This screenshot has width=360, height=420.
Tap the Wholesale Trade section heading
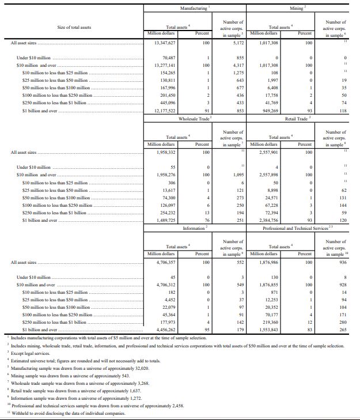point(193,119)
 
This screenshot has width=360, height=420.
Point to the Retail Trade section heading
point(297,119)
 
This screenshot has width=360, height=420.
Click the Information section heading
point(194,229)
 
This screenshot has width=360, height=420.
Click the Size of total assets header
point(74,27)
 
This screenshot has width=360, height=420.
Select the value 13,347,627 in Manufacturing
point(165,43)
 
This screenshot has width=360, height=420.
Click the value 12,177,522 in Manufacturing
point(165,111)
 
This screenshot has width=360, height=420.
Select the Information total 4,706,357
point(165,262)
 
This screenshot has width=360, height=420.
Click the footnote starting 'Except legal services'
point(26,352)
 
